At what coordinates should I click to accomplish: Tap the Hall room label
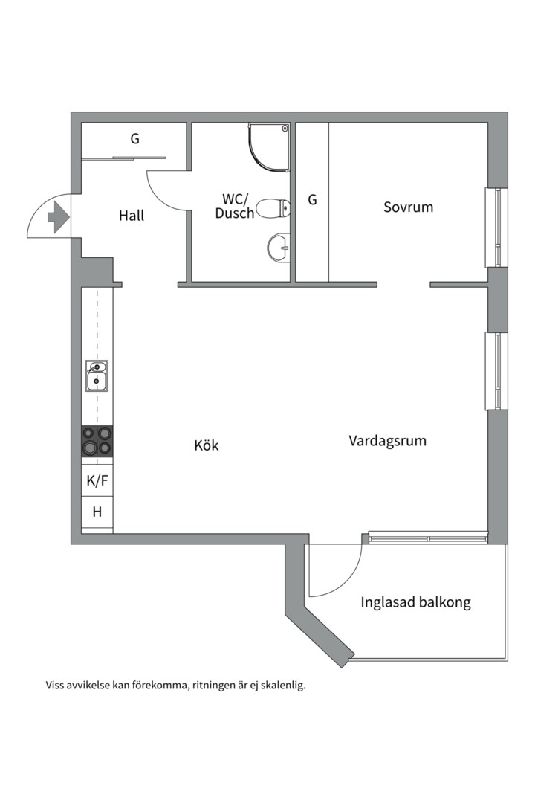132,216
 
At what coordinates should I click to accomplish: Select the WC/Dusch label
236,206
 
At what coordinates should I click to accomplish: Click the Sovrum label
408,207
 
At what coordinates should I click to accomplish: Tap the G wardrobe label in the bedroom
312,200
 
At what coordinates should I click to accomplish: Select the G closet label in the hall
134,138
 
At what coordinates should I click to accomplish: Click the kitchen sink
97,376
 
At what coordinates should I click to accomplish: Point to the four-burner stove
97,440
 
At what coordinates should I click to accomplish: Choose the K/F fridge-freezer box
97,481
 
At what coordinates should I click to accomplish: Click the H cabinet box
97,512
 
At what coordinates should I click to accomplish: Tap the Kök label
207,445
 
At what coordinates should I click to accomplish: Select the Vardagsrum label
387,441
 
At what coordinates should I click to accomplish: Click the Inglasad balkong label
415,602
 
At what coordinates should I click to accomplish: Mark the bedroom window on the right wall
496,227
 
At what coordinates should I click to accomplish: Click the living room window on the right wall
496,370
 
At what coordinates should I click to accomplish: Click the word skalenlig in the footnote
281,686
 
